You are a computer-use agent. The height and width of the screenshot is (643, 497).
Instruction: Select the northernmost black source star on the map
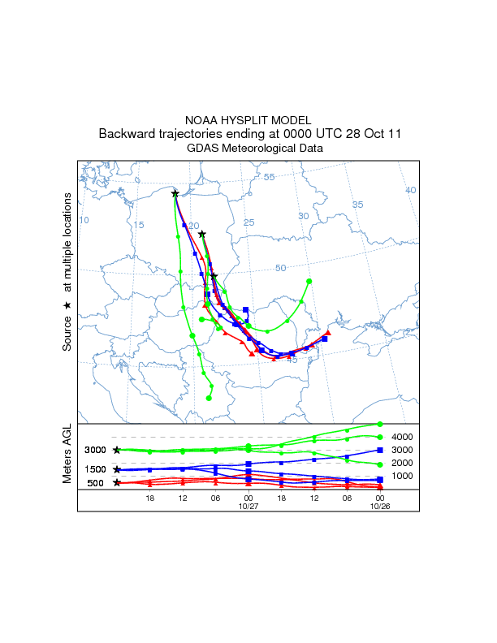[175, 193]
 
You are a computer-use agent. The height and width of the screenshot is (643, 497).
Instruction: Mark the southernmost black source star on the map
[214, 276]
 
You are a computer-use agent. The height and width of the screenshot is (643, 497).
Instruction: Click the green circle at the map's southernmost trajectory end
[209, 398]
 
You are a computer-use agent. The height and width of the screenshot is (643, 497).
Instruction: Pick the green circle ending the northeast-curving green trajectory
[309, 281]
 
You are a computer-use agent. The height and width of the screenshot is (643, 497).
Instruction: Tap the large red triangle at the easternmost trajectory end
[329, 333]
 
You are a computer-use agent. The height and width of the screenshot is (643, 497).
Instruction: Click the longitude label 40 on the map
[411, 190]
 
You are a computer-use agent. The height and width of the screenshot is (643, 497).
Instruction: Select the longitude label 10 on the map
[84, 220]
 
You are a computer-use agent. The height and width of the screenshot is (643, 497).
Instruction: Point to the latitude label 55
[270, 177]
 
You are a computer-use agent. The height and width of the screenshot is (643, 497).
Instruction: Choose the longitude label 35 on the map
[358, 205]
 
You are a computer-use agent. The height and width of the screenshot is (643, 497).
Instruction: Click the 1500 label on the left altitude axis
[95, 469]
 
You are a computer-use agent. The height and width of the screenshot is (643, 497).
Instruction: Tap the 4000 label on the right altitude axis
[403, 437]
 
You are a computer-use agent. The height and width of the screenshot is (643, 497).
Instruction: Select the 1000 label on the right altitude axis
[403, 476]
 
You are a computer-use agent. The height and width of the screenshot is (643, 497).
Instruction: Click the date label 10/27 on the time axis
[248, 507]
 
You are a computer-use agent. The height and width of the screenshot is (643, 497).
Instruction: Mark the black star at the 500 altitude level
[117, 483]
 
